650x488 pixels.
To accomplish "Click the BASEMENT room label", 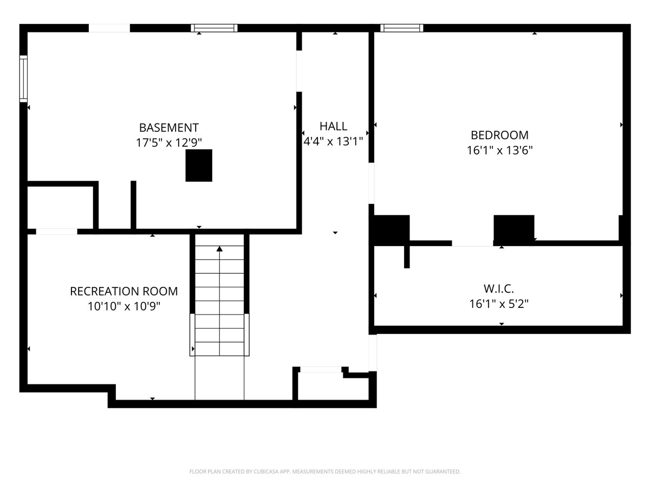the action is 169,128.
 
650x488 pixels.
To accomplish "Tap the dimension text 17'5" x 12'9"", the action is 169,143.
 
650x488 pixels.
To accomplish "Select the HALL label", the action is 333,126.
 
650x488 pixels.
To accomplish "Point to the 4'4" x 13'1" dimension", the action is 333,141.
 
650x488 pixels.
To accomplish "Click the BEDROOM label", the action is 499,135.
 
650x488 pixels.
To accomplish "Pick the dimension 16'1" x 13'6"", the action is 499,150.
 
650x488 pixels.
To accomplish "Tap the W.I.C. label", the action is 499,288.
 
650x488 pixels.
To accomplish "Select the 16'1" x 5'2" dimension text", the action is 499,304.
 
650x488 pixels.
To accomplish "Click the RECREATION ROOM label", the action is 124,291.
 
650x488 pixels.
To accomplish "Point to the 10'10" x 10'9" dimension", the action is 124,306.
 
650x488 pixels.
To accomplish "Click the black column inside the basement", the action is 199,165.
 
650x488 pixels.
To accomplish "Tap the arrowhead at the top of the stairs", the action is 219,249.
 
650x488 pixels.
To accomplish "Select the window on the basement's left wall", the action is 24,79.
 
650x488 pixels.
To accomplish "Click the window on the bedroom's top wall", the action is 401,28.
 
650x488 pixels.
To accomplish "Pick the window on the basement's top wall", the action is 214,28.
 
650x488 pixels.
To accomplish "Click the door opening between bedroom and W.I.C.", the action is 472,243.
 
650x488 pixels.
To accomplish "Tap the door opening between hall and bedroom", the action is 372,183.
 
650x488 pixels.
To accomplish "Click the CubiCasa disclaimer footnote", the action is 325,471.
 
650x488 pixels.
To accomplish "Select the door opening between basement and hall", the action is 299,71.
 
